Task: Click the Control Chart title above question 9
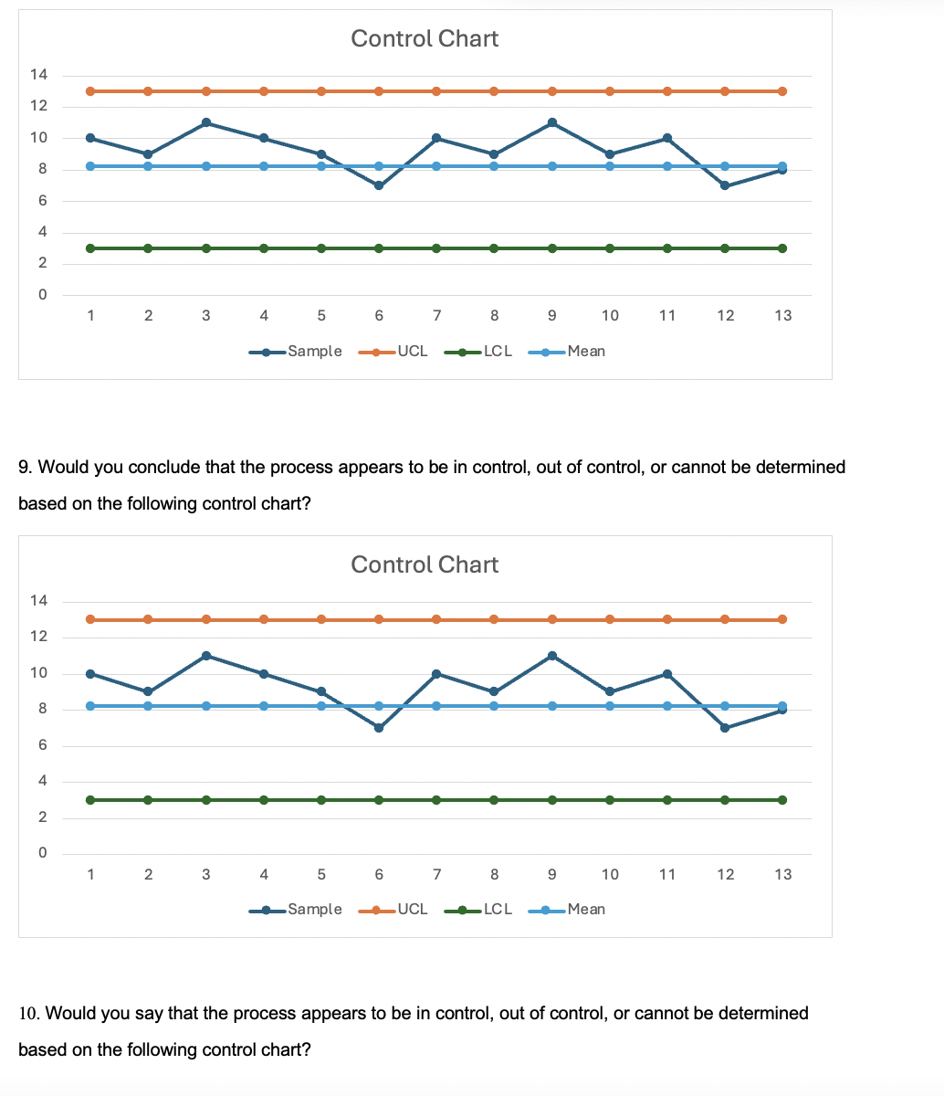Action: pos(425,38)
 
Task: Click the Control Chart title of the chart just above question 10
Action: pos(425,564)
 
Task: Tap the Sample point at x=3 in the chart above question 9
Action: pos(206,122)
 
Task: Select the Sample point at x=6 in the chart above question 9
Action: pos(379,185)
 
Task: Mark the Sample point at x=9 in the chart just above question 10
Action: pos(552,656)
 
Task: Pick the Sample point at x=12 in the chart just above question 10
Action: pos(725,728)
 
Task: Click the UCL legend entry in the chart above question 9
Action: pos(412,352)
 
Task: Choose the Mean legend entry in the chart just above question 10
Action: pos(585,910)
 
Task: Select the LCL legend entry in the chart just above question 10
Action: pos(497,910)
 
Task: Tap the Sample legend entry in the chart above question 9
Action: pos(314,352)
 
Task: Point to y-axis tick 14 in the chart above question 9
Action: pos(40,75)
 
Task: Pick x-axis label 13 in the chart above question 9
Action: pos(782,316)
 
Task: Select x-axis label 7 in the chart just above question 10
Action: pos(436,874)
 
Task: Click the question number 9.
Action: pos(25,468)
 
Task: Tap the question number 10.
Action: pos(28,1013)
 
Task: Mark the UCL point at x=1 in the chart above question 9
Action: pos(90,91)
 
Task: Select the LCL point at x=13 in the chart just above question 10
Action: pos(782,800)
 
